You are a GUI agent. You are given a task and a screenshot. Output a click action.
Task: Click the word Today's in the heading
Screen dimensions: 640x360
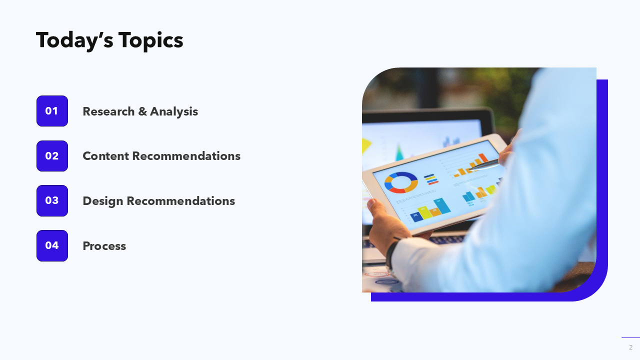pos(74,41)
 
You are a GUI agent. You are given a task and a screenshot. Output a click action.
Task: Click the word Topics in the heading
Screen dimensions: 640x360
pos(151,41)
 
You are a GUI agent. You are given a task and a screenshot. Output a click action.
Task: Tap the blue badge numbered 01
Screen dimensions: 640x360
pos(52,111)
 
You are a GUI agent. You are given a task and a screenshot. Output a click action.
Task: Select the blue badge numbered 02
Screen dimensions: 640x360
pos(52,155)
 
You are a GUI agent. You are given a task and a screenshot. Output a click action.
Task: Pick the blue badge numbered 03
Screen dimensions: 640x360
pos(52,200)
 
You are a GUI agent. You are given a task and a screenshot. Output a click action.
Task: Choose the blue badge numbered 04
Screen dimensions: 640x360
pos(52,245)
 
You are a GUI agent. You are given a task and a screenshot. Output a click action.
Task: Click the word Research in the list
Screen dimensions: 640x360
pos(108,111)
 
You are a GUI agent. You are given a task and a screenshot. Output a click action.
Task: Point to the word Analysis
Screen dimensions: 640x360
pos(174,111)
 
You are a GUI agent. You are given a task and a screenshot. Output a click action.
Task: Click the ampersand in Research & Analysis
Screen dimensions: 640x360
pos(142,111)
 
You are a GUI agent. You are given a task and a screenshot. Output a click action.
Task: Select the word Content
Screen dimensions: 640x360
pos(105,156)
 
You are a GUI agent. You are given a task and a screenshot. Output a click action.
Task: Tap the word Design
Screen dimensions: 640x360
pos(103,201)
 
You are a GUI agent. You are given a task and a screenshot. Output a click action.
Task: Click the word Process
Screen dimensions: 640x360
pos(104,246)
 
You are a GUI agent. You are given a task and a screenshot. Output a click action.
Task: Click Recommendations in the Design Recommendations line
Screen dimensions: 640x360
pos(181,201)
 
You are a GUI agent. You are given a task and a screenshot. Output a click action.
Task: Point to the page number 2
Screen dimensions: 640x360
pos(630,347)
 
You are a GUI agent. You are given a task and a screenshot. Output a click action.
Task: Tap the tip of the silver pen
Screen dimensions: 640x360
pos(468,170)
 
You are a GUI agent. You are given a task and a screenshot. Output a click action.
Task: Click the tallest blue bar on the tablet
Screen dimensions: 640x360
pos(442,205)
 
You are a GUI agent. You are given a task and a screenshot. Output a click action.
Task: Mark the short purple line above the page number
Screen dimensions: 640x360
pos(630,337)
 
